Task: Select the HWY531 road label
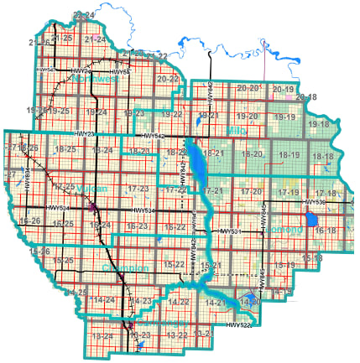[231, 231]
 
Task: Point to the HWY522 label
[238, 324]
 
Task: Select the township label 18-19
[289, 156]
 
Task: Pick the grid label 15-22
[174, 265]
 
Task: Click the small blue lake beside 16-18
[312, 220]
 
